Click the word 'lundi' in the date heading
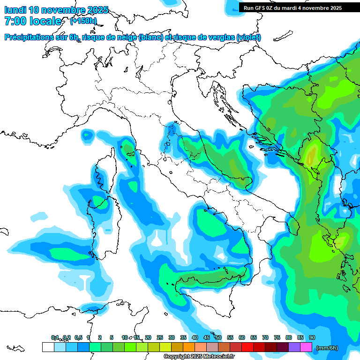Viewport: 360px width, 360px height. point(15,10)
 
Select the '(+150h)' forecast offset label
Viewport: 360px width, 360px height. point(83,21)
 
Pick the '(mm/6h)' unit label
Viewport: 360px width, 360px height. point(327,348)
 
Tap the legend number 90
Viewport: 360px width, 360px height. point(312,337)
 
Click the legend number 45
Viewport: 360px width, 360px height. point(207,337)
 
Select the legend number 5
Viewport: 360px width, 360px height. point(112,337)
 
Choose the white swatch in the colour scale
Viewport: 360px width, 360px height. point(48,347)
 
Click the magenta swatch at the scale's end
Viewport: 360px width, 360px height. point(306,347)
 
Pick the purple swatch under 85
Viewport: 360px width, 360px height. point(294,347)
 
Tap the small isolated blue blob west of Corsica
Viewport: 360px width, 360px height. point(87,135)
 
